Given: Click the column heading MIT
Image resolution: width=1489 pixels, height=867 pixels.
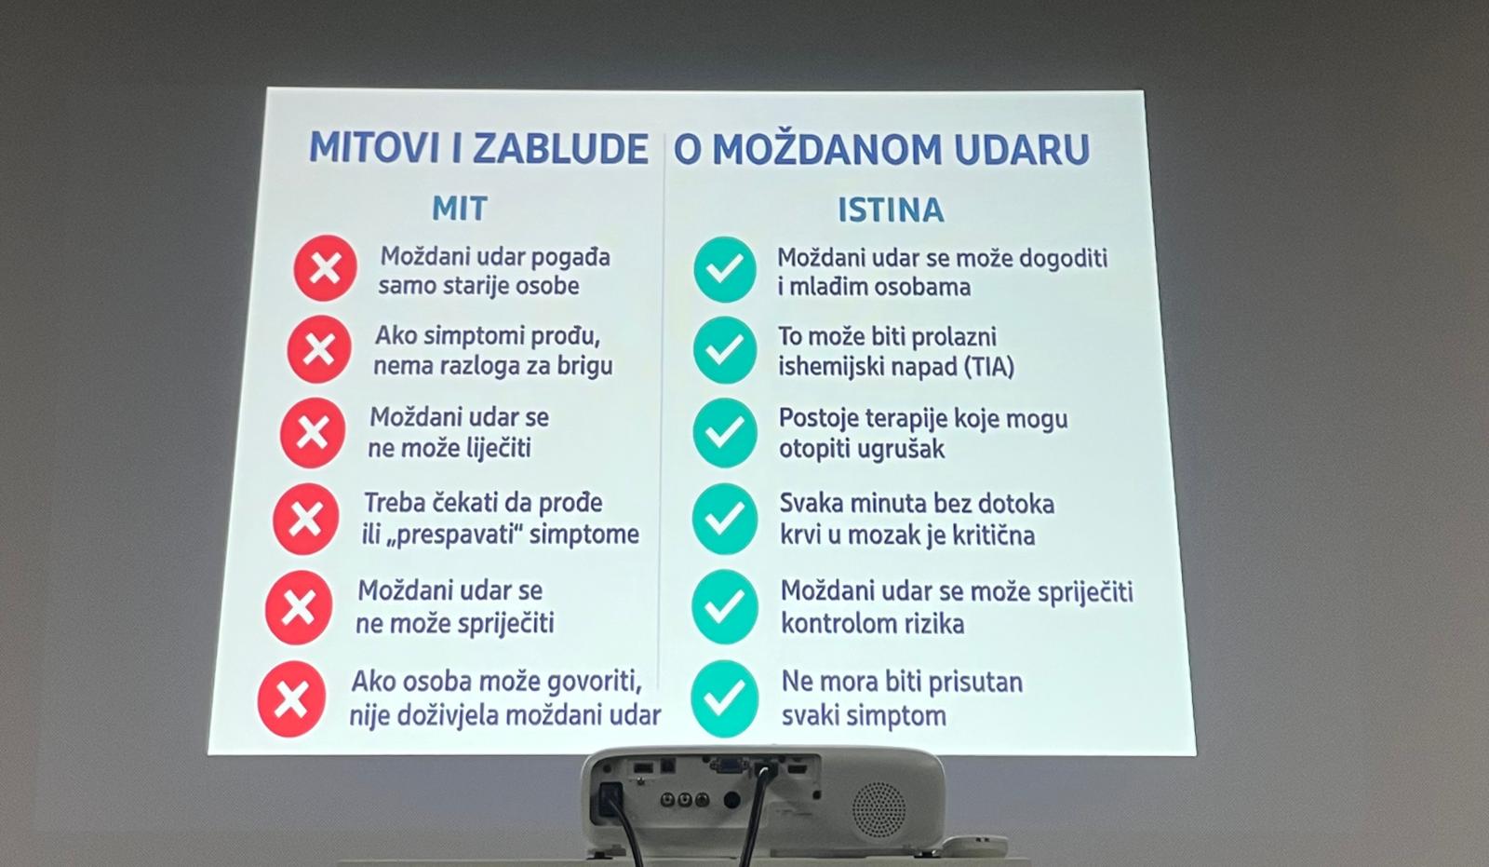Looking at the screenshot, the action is coord(460,209).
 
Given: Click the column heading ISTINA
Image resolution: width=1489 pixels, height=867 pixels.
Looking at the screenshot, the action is coord(891,210).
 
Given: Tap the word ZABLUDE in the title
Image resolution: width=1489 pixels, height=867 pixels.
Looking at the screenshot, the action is coord(560,148).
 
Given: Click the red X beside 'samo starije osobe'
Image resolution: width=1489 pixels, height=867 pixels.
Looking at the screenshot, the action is coord(325,268).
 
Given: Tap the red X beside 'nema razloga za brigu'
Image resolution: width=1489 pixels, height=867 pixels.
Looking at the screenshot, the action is coord(319,349).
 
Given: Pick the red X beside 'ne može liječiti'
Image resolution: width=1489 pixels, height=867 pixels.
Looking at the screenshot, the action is coord(313,432).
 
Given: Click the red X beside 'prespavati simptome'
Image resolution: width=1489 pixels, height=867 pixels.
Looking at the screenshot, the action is coord(306,519).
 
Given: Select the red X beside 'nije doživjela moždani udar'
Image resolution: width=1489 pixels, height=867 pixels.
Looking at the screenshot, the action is coord(291,698).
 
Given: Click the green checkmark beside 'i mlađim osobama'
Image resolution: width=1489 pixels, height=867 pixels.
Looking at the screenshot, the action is coord(725,269).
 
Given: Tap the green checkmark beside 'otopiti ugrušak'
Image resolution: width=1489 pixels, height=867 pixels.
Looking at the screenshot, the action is coord(725,432).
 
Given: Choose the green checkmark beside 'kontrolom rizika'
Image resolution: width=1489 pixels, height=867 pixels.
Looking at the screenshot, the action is coord(725,607).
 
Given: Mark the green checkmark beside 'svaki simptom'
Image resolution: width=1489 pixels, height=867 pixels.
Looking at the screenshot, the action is coord(725,698).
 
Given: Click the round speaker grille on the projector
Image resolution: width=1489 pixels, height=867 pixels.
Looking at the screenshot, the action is coord(879,809).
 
